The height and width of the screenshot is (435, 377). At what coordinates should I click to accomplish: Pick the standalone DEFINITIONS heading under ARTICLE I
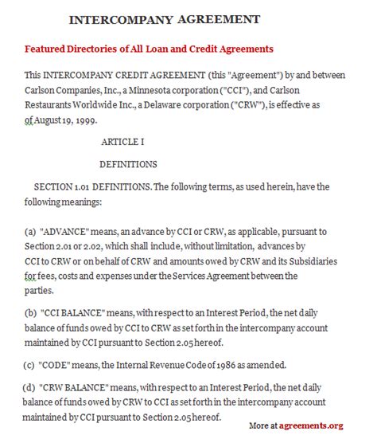tap(127, 165)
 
